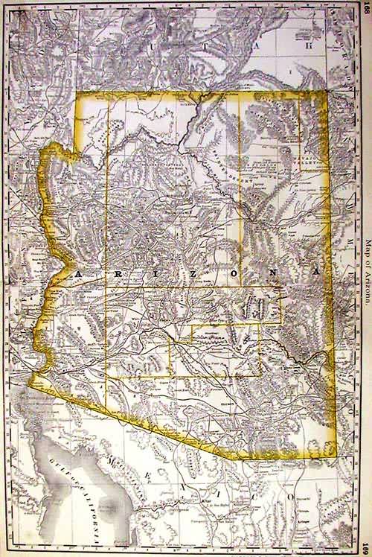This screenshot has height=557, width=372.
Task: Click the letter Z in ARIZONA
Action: [195, 274]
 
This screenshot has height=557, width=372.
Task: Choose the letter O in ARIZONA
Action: [235, 274]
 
